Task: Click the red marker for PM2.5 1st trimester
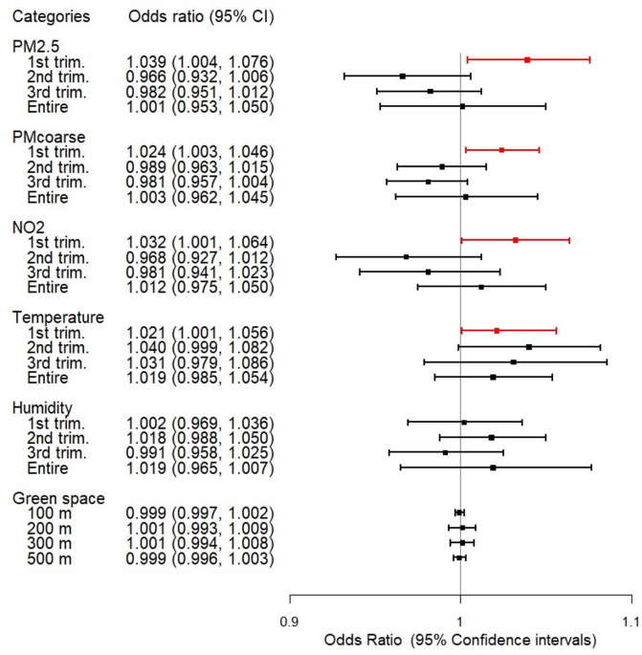click(x=527, y=59)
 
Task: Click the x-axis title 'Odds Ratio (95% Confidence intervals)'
click(x=460, y=638)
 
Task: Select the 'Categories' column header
click(x=53, y=17)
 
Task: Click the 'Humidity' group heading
click(x=44, y=407)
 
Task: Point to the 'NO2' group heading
click(x=29, y=227)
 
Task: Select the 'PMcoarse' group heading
click(x=47, y=137)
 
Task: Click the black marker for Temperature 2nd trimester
click(x=529, y=347)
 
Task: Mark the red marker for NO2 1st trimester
click(x=516, y=240)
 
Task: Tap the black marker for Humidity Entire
click(x=493, y=468)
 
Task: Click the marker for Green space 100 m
click(x=459, y=513)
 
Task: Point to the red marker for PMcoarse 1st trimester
click(x=501, y=150)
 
